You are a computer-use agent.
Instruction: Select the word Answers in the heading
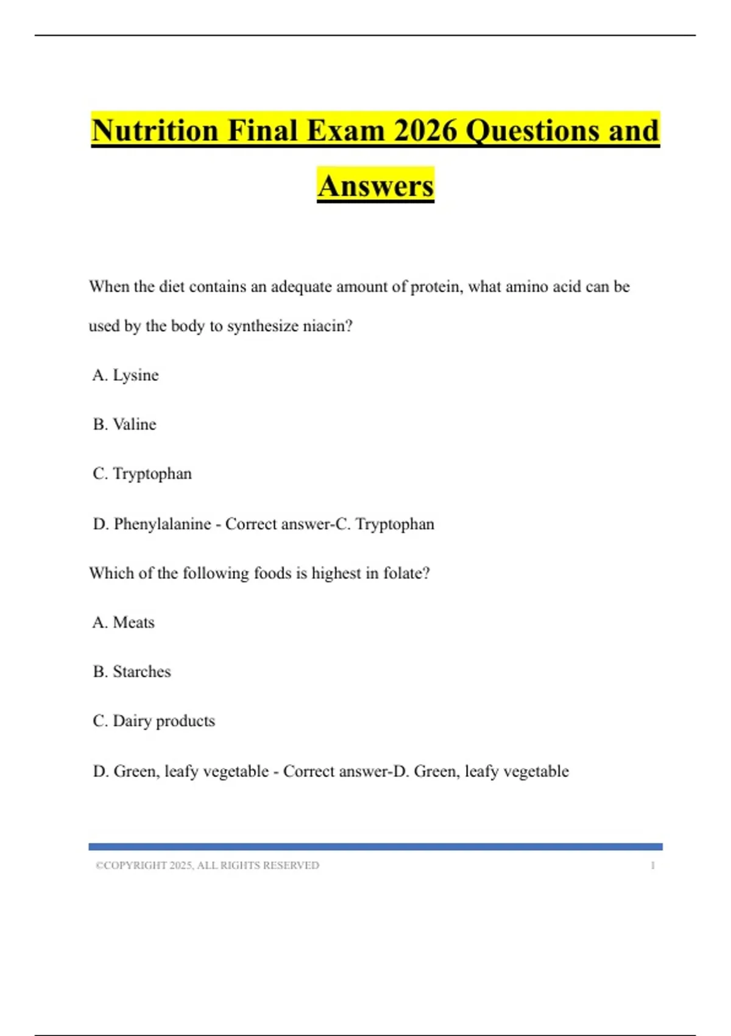tap(375, 186)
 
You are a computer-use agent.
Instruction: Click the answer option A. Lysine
tap(125, 375)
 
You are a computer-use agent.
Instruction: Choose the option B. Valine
tap(125, 424)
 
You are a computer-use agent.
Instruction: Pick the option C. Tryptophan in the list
tap(143, 474)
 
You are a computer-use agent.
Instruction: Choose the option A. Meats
tap(124, 622)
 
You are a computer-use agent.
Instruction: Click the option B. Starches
tap(132, 672)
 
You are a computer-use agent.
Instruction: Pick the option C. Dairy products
tap(154, 721)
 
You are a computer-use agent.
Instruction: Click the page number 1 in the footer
tap(652, 865)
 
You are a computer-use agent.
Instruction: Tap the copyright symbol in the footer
tap(99, 865)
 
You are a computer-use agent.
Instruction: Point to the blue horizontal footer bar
tap(375, 846)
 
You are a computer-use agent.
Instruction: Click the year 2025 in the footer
tap(181, 865)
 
